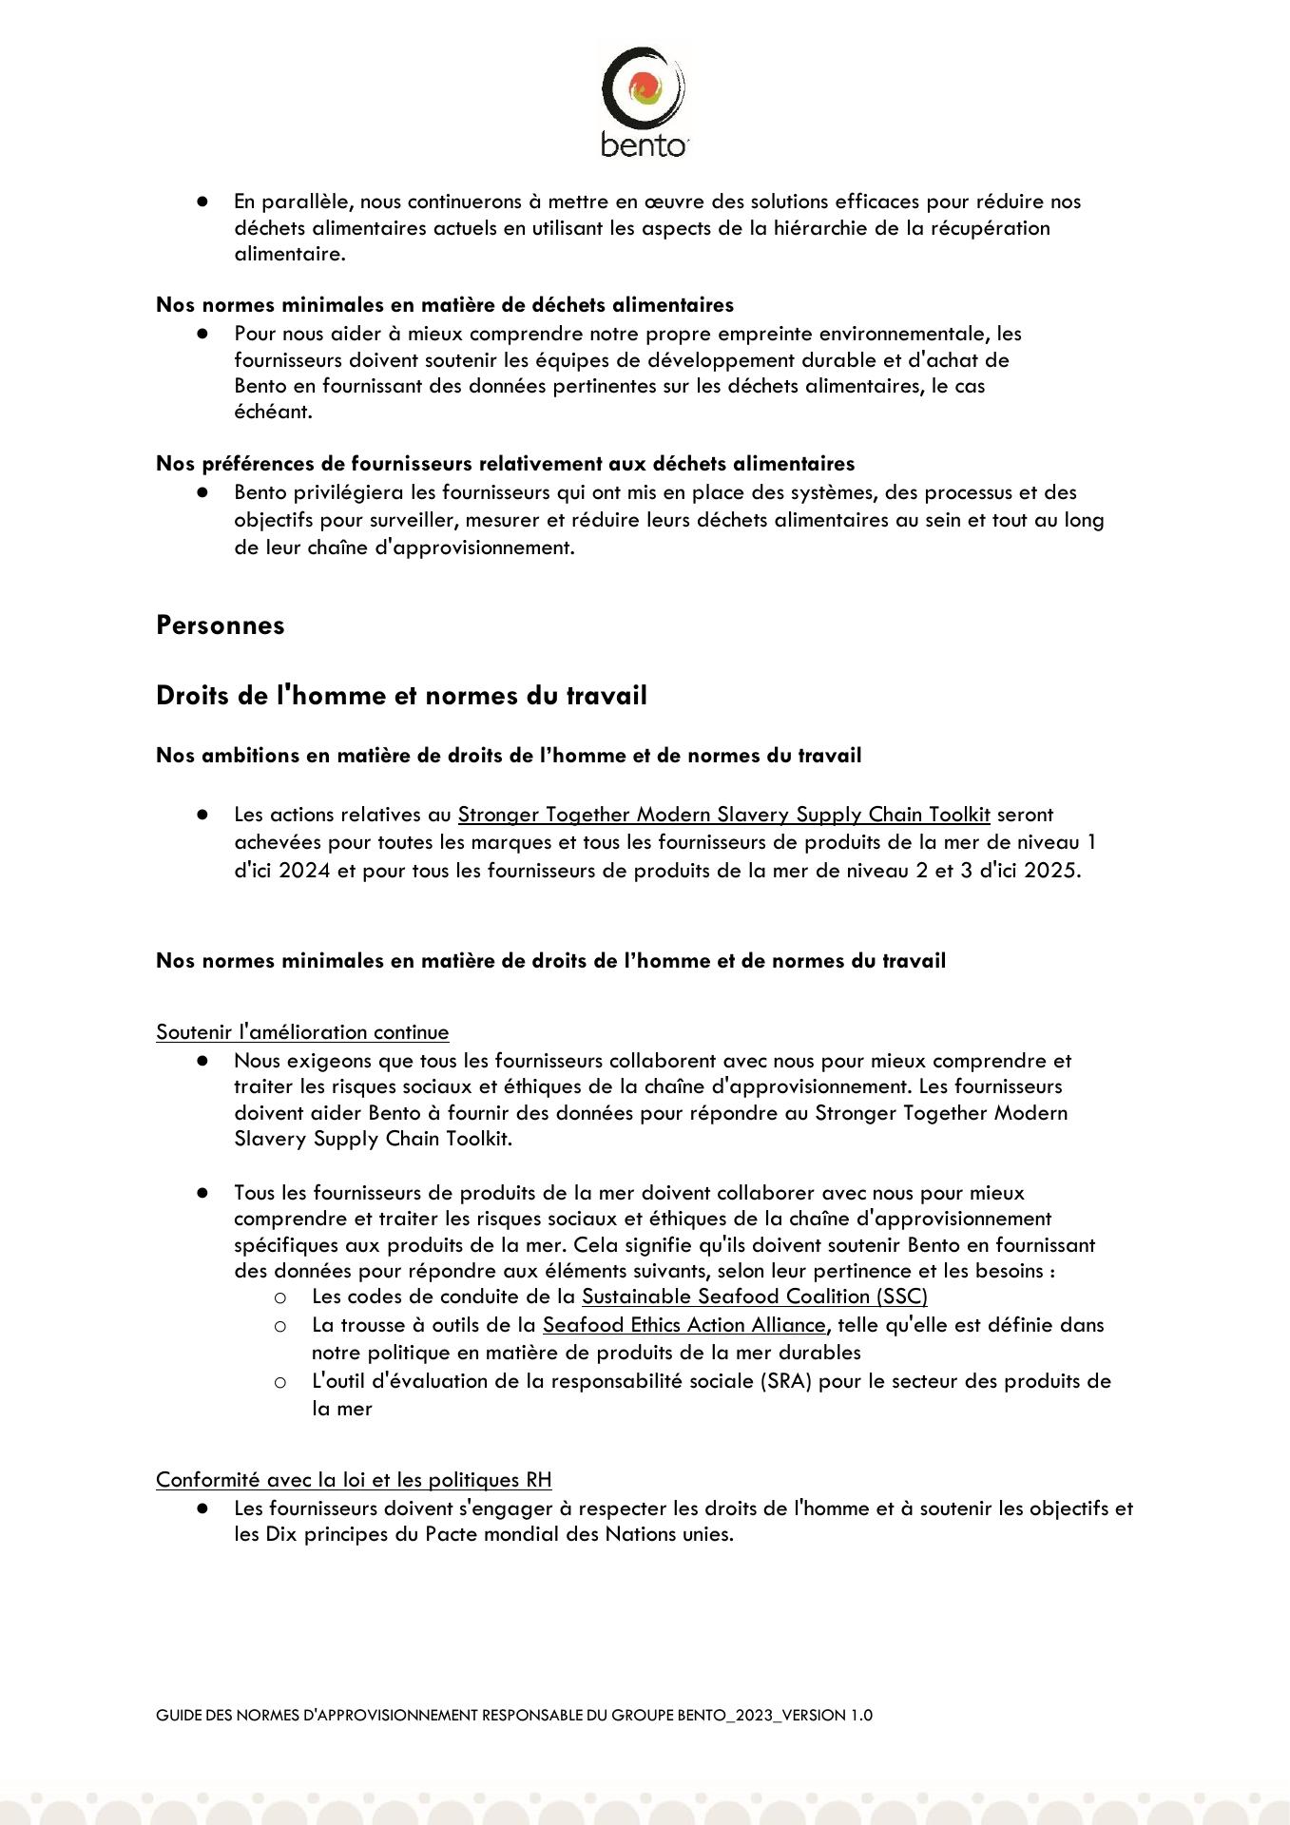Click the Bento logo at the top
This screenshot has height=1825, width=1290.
[644, 101]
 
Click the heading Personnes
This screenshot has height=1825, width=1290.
[220, 625]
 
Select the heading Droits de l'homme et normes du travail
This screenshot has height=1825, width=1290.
[401, 696]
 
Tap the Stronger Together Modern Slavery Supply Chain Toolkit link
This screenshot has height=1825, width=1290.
[723, 815]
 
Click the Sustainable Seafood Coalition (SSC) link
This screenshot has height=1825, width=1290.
[754, 1297]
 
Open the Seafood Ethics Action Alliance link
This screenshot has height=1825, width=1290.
[684, 1325]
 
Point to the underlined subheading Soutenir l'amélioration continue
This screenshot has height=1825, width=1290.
[302, 1032]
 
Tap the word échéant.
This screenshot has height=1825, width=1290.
[273, 413]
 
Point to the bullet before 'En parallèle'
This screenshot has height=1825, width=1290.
[202, 202]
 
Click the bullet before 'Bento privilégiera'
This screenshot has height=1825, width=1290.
[202, 492]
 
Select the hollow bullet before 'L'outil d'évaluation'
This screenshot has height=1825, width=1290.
[280, 1382]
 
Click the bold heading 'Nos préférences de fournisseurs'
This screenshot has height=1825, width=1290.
[505, 464]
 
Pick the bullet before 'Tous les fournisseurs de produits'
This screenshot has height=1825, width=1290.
[202, 1193]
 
